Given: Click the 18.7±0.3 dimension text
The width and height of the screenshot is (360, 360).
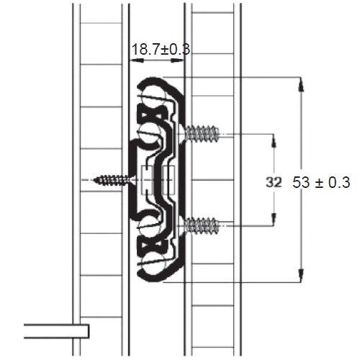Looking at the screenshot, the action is pos(161,50).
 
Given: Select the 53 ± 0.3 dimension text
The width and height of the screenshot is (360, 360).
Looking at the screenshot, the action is pos(321,182).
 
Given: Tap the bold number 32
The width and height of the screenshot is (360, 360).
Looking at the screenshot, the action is pos(274,182).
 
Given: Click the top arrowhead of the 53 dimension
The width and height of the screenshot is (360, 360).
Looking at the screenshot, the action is pos(301,84).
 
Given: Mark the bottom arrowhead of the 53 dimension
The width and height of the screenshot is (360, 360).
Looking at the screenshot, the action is pos(301,275).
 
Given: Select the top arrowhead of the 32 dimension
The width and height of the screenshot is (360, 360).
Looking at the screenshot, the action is pos(274,141).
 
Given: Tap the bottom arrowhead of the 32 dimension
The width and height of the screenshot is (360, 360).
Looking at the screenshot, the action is pos(274,219).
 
